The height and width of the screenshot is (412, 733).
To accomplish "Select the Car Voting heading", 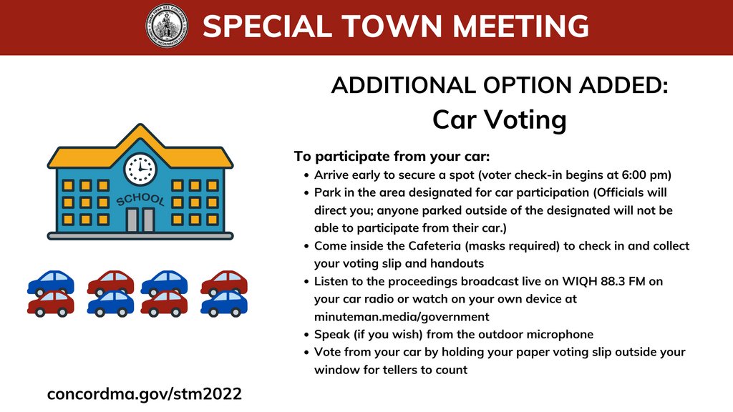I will coord(499,119).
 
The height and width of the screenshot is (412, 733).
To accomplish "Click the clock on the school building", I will coord(140,170).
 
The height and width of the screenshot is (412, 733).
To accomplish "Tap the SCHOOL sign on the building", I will coord(140,200).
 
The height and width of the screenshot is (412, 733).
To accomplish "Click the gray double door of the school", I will coord(140,220).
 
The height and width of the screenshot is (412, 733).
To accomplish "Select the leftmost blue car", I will coord(50,283).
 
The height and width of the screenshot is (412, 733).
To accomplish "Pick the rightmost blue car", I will coord(224,304).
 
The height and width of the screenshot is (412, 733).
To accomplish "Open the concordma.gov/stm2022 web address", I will coord(145,393).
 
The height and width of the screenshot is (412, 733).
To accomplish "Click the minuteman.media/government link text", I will coord(402,316).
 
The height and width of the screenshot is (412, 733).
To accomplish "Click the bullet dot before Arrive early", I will coord(307,175).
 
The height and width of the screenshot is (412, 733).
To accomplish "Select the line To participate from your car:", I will coord(392,157).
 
